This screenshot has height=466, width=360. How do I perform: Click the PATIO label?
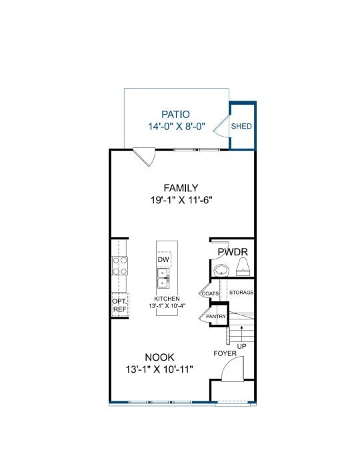click(x=175, y=115)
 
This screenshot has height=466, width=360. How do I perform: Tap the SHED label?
click(x=241, y=126)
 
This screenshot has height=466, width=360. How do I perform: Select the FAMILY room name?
click(x=181, y=188)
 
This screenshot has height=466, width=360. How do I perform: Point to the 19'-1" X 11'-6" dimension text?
click(x=181, y=200)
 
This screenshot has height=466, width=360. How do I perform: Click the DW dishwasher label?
click(x=163, y=259)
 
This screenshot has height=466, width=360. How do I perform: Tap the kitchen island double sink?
click(x=163, y=278)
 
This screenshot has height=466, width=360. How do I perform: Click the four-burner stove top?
click(x=120, y=266)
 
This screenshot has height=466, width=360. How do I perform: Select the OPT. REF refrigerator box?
click(x=120, y=305)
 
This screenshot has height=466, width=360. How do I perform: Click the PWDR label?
click(x=233, y=252)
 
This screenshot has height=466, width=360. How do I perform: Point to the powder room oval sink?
click(x=221, y=270)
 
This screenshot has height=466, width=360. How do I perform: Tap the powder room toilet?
click(x=243, y=267)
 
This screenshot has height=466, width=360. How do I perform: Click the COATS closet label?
click(x=210, y=293)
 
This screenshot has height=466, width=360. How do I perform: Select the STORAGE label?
click(x=241, y=293)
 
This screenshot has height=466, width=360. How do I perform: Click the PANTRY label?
click(x=216, y=316)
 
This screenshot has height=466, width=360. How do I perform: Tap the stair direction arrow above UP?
click(x=242, y=333)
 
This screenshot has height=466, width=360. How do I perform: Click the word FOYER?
click(x=225, y=353)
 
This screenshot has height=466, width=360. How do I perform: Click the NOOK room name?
click(x=159, y=357)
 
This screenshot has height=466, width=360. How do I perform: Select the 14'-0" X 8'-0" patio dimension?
click(x=177, y=127)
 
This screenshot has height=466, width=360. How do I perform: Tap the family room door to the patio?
click(x=144, y=157)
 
